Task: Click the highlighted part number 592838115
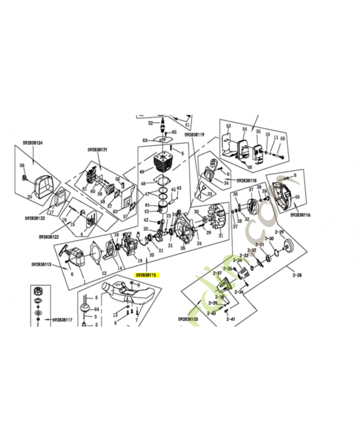pos(147,275)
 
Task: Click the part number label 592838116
pos(300,214)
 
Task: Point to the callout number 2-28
pos(297,275)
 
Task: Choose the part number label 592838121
pos(97,150)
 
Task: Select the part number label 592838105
pos(188,319)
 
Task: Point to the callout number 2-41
pos(230,319)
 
